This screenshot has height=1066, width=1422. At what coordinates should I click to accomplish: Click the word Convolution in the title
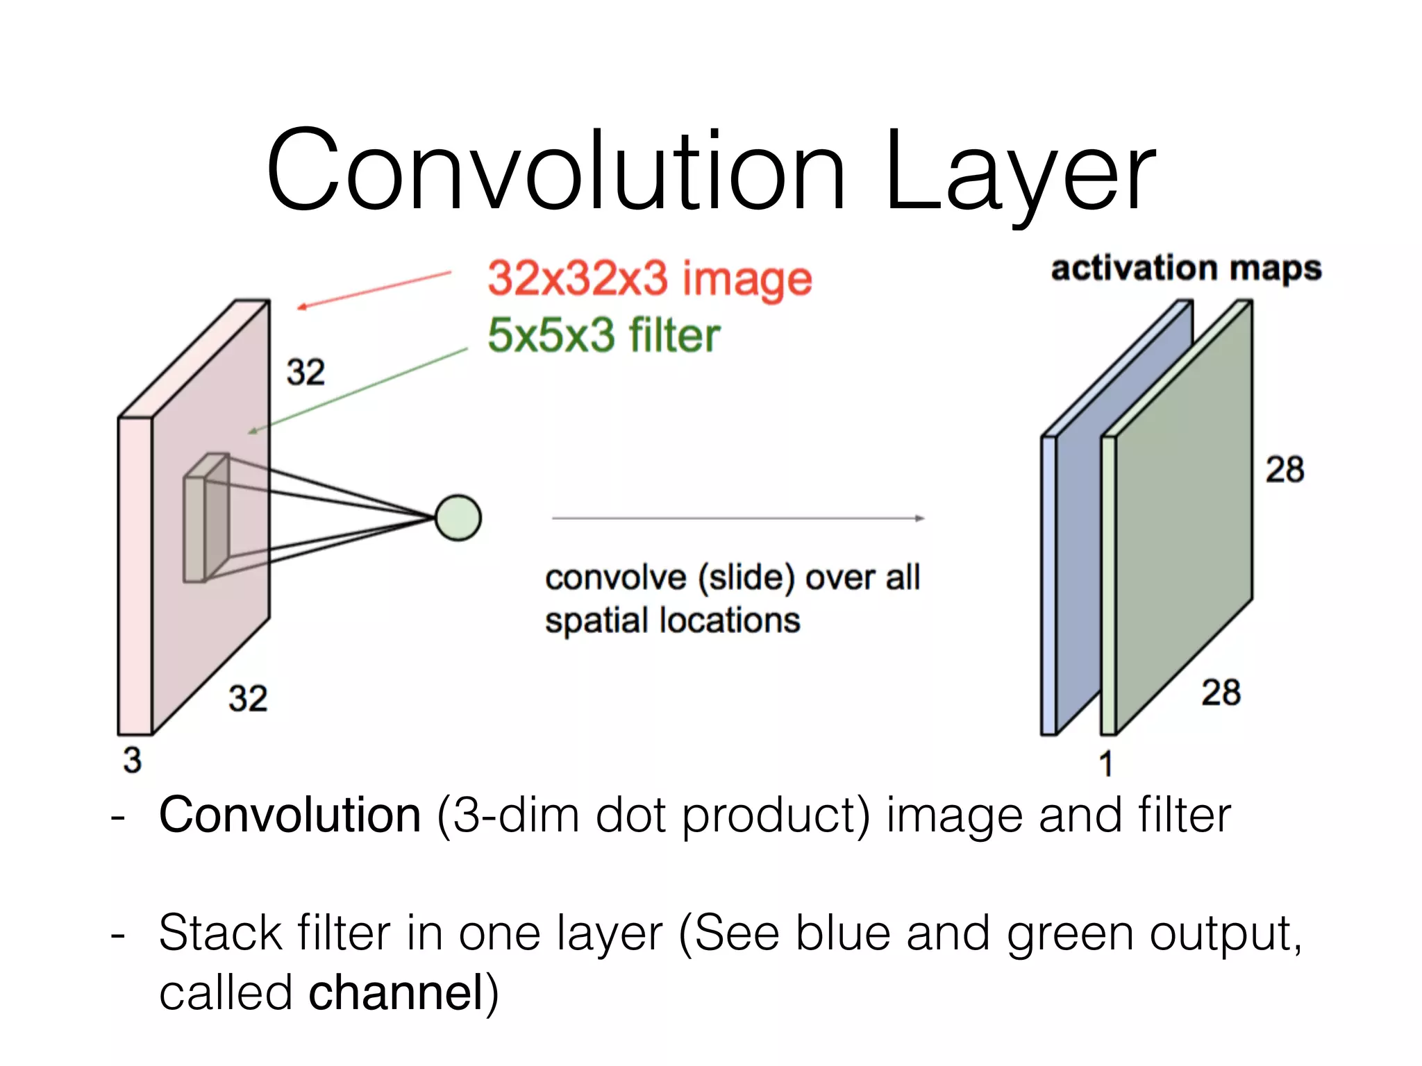(555, 170)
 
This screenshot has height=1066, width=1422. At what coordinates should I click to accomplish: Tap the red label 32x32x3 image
(649, 279)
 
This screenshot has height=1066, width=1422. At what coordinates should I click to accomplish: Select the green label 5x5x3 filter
(603, 335)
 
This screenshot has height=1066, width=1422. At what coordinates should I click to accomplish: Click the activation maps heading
(1186, 269)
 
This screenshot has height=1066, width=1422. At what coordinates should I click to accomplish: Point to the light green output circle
(458, 518)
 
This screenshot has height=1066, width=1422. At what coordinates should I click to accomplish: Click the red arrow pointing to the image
(375, 289)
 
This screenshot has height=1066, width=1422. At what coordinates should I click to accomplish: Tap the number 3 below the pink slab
(132, 760)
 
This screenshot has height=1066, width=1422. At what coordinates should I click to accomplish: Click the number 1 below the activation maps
(1106, 764)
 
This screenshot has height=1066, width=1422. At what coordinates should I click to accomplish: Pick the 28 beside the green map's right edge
(1285, 470)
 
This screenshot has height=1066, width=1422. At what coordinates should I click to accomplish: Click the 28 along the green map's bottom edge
(1221, 693)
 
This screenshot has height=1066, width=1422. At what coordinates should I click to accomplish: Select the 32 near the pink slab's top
(306, 373)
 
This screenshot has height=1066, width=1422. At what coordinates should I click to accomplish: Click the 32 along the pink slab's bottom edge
(248, 698)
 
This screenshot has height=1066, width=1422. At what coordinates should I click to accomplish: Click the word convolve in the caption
(615, 578)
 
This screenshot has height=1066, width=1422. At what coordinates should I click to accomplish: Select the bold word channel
(396, 992)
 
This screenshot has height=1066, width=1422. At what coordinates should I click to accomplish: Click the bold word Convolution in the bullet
(290, 815)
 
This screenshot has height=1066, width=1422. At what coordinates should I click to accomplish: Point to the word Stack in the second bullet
(220, 933)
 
